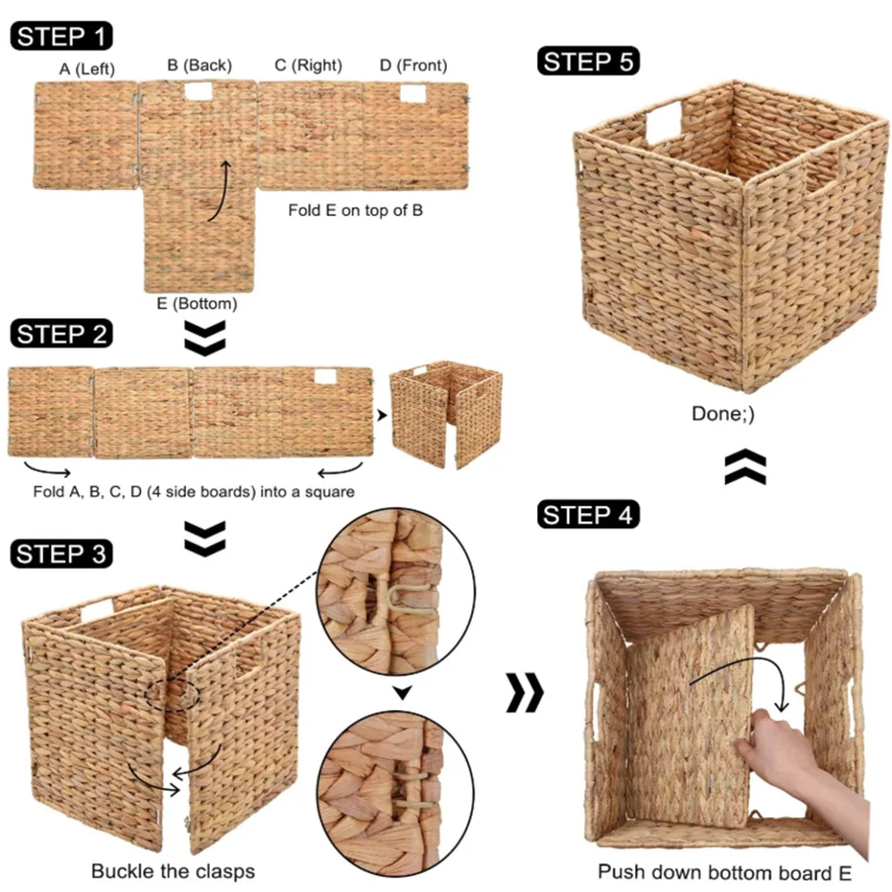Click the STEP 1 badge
pyautogui.click(x=62, y=37)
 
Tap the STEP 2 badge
pyautogui.click(x=62, y=334)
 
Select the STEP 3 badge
pyautogui.click(x=62, y=554)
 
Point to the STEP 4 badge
pyautogui.click(x=589, y=516)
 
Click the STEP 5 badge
pyautogui.click(x=589, y=62)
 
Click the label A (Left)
pyautogui.click(x=87, y=68)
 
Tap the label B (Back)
pyautogui.click(x=199, y=65)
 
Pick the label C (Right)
pyautogui.click(x=308, y=65)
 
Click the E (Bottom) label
pyautogui.click(x=196, y=304)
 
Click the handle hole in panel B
pyautogui.click(x=199, y=91)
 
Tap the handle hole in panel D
pyautogui.click(x=412, y=94)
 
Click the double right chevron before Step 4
pyautogui.click(x=524, y=694)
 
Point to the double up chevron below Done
pyautogui.click(x=745, y=467)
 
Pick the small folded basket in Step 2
pyautogui.click(x=446, y=414)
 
